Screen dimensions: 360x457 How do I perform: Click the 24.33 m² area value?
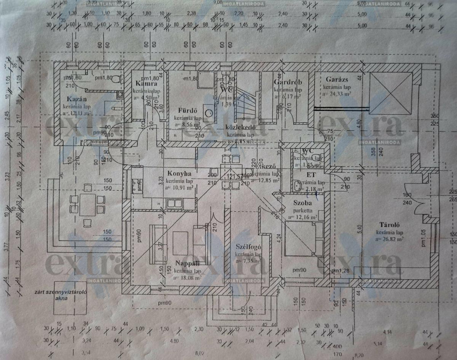point(337,93)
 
